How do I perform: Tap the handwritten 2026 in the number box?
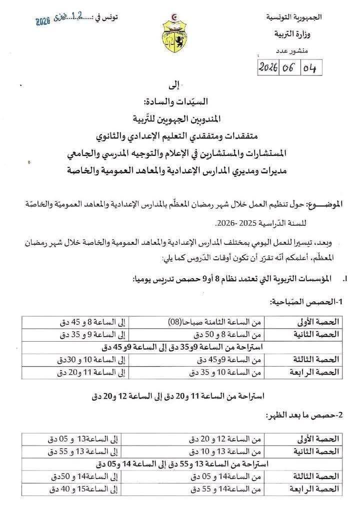(x=270, y=67)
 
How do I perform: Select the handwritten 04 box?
(x=310, y=67)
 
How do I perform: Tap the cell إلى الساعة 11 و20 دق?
(x=89, y=372)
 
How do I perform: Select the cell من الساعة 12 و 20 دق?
(x=225, y=440)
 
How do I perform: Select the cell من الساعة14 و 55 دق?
(x=225, y=489)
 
